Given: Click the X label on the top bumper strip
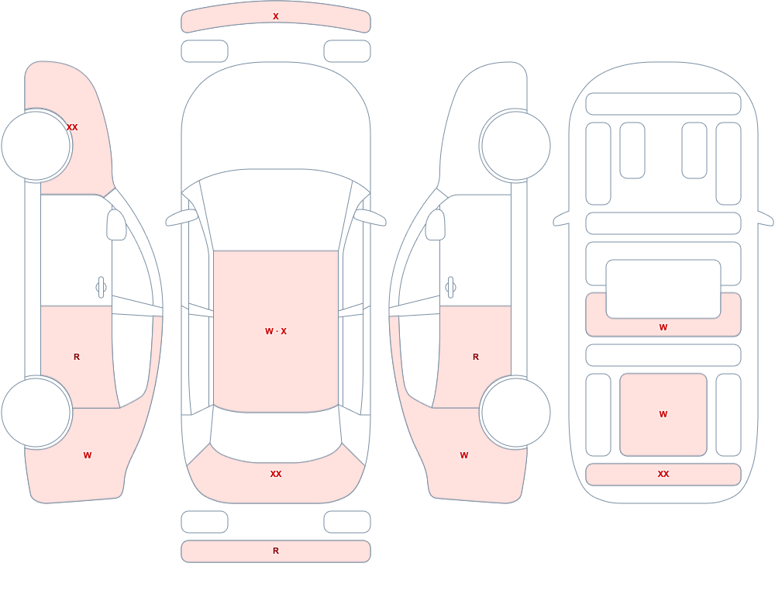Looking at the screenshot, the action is [276, 16].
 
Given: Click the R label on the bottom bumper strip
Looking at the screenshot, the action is [276, 551].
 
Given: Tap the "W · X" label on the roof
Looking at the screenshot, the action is [276, 331].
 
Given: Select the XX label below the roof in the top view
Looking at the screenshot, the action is [276, 474].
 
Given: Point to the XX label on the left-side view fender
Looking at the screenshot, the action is [72, 127].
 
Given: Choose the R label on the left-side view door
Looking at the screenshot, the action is [77, 357].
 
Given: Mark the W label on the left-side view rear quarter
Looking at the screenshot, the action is [88, 455].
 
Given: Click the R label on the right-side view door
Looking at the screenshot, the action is [476, 357].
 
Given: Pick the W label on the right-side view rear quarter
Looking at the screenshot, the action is [464, 455].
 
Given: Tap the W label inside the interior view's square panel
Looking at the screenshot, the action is [663, 414].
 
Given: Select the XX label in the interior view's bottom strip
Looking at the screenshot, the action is [663, 474].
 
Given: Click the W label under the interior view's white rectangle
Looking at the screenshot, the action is [663, 327].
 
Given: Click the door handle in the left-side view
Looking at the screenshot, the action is [102, 288].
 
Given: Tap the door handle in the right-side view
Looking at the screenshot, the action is [450, 288].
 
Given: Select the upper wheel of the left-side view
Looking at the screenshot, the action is [36, 146].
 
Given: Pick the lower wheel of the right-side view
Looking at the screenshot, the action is [515, 413].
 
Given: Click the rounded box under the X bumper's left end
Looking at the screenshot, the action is [205, 51].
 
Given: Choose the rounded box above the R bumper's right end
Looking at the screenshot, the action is [347, 522].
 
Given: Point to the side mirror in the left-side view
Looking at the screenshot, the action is [117, 225].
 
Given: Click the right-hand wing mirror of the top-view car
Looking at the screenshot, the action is [370, 217].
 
